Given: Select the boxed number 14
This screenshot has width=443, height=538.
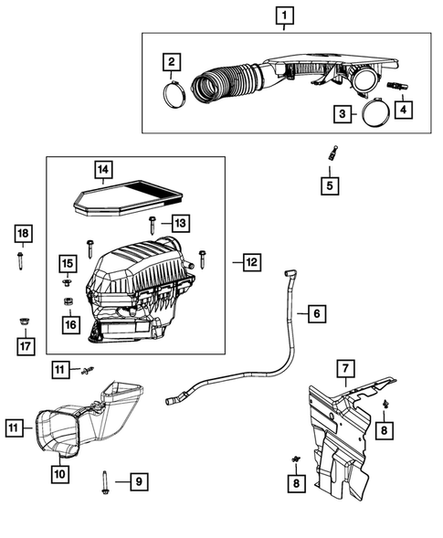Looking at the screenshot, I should tap(104, 169).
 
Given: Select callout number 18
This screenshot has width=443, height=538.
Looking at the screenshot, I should tap(23, 235).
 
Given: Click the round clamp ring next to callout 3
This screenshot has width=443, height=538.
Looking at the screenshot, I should tap(373, 113).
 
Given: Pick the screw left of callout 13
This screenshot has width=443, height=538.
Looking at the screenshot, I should tap(153, 222).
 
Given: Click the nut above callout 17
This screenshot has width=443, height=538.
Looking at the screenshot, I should tap(23, 322).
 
